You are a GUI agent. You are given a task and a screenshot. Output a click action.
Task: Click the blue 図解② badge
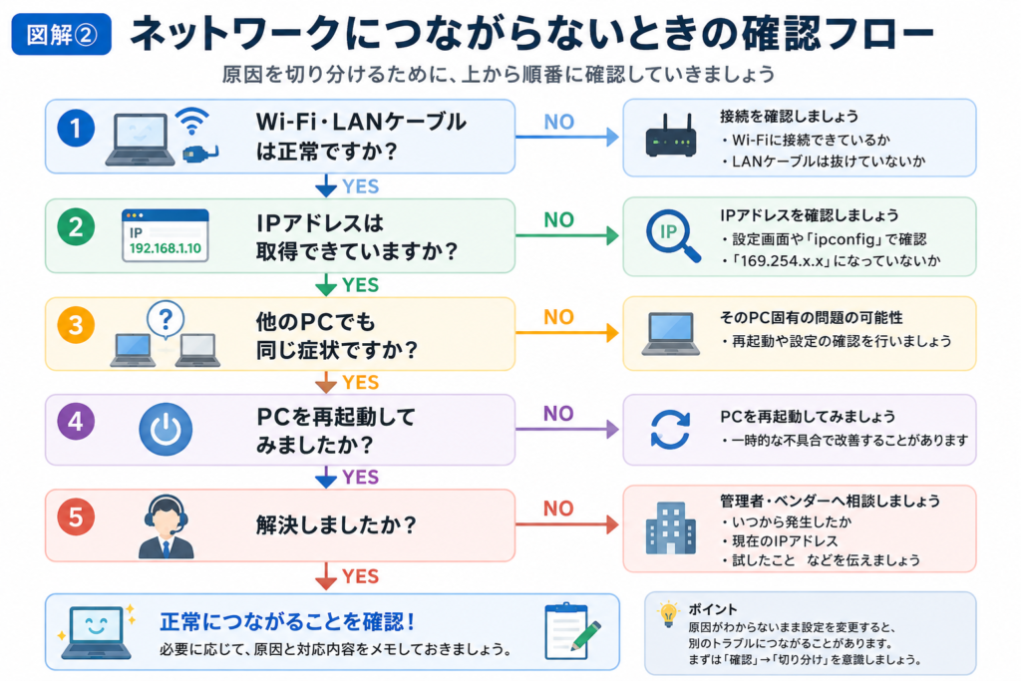coord(61,34)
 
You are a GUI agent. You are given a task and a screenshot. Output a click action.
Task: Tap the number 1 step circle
coord(76,128)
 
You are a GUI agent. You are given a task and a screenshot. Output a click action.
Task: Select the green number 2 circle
coord(76,226)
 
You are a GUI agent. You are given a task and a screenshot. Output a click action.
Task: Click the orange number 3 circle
coord(76,324)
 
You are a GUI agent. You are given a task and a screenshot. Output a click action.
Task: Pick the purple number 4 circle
coord(76,421)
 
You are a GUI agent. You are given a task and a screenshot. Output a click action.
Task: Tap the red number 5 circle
coord(76,516)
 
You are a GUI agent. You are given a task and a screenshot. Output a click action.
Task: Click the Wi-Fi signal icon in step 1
coord(192,121)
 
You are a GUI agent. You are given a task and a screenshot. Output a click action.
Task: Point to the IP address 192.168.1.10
coord(166,248)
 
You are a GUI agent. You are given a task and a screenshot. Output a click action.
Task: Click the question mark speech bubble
coord(166,320)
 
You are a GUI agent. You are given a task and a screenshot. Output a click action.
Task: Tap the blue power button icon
coord(166,429)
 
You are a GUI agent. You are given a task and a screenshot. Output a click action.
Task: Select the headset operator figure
coord(167,526)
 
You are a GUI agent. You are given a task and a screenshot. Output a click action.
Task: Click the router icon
coord(671,136)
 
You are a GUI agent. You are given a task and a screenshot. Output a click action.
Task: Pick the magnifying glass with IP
coord(673,235)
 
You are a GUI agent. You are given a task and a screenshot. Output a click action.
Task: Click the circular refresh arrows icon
coord(670,430)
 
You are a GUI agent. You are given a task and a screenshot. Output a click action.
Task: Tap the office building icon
coord(671,528)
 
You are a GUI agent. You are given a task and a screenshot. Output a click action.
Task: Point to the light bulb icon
coord(668,614)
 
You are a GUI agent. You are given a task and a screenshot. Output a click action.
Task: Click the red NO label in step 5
coord(558,509)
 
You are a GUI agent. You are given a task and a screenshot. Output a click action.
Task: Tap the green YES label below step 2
coord(360,285)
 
